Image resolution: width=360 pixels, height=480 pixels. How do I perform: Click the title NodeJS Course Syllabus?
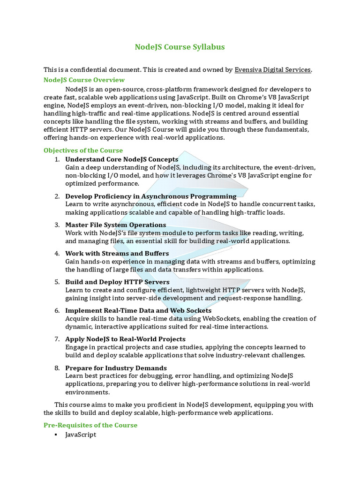(180, 47)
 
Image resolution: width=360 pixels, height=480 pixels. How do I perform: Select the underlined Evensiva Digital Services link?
(273, 70)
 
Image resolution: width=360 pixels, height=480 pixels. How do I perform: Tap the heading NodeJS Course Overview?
(84, 80)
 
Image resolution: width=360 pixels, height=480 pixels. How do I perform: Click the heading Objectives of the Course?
(83, 150)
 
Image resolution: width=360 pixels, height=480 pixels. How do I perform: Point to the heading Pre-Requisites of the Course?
(90, 425)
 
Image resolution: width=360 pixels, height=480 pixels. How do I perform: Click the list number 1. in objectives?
(57, 159)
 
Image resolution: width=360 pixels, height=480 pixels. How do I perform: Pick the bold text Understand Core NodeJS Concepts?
(122, 159)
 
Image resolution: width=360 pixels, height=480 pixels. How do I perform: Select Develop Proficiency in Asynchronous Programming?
(151, 196)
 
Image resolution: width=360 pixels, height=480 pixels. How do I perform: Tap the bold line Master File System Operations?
(116, 225)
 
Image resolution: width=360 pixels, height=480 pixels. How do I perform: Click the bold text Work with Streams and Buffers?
(117, 254)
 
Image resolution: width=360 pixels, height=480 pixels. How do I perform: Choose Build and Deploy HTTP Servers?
(117, 282)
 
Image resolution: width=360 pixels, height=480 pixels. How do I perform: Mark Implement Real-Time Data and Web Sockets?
(138, 311)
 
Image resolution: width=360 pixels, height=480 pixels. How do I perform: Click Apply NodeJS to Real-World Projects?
(126, 339)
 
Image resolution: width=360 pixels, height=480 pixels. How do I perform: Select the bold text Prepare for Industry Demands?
(116, 368)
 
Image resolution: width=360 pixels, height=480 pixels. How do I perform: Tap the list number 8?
(57, 368)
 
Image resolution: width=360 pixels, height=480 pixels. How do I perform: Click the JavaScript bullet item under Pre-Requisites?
(81, 435)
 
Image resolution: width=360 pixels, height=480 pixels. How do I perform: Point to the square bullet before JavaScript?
(56, 435)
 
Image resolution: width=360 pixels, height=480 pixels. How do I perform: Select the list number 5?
(57, 282)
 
